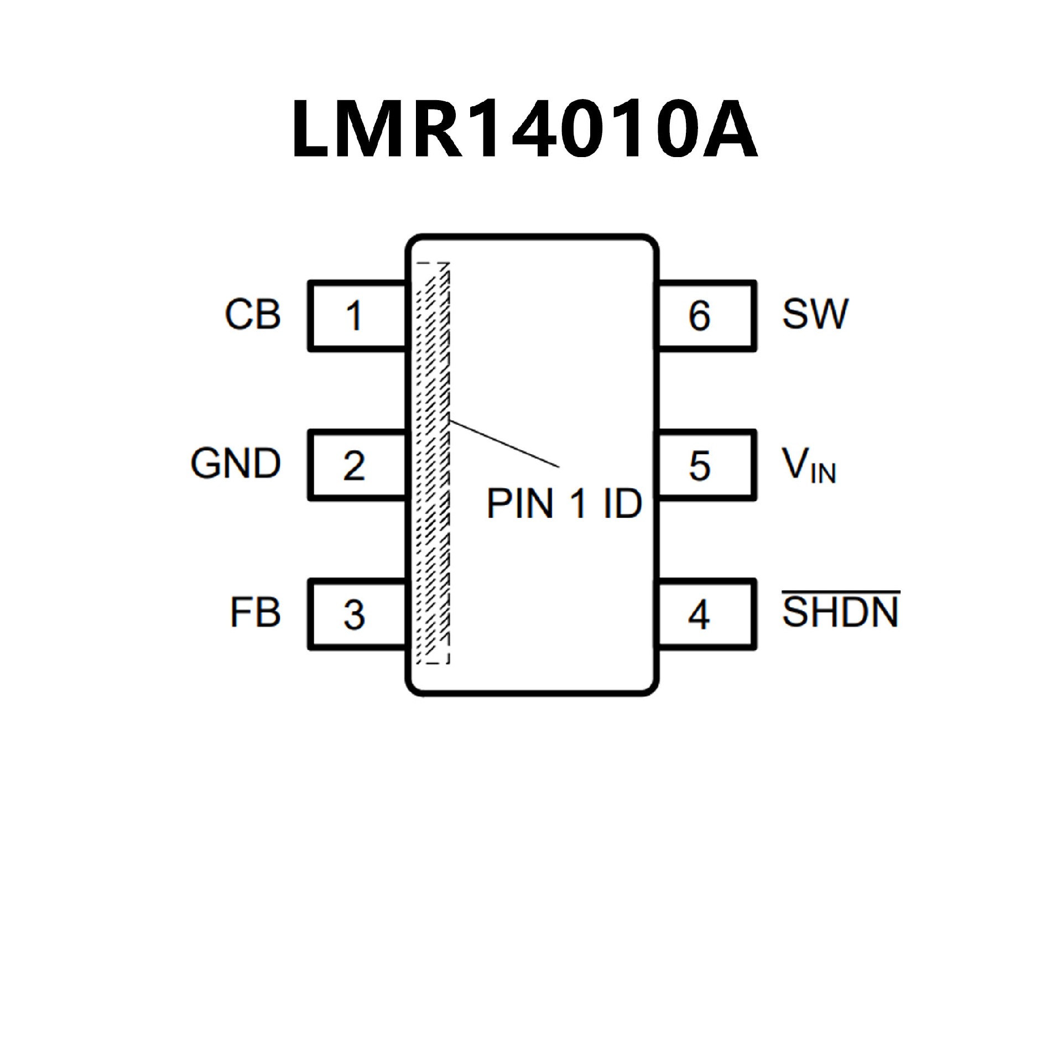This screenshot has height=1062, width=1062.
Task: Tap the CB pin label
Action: tap(253, 315)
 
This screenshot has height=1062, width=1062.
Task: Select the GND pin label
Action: tap(236, 464)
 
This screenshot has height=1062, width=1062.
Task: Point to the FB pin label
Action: tap(255, 613)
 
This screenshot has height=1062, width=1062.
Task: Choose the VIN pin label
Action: tap(808, 466)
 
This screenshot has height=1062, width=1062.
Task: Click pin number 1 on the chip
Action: tap(353, 316)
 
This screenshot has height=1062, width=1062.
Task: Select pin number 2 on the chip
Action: tap(354, 465)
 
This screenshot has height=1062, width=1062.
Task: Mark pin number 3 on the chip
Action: tap(354, 615)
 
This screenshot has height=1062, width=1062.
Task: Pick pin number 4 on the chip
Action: tap(699, 615)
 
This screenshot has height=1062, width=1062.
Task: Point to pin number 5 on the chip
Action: tap(699, 465)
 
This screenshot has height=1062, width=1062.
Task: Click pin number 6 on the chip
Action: tap(699, 316)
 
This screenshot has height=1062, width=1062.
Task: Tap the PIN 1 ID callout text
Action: tap(564, 503)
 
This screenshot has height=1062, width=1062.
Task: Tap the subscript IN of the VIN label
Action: tap(824, 475)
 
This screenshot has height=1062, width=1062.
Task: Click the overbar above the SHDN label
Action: tap(840, 592)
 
